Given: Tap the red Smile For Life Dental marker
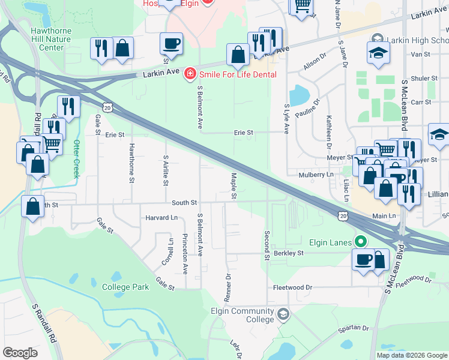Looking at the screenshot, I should pos(190,74).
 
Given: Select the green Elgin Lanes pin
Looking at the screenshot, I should pos(360,242).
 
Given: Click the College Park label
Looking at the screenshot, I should pos(125,287).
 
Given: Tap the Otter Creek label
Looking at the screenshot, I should pos(76,155).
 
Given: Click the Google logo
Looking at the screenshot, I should pos(20,353).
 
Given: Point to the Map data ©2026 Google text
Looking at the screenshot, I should pos(412,355).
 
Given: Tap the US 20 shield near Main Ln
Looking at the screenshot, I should pos(342,215).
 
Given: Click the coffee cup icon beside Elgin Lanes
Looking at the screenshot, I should pos(363,259).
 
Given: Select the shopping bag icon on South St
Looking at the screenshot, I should pos(32,207).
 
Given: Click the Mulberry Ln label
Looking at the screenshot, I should pos(316,175).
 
